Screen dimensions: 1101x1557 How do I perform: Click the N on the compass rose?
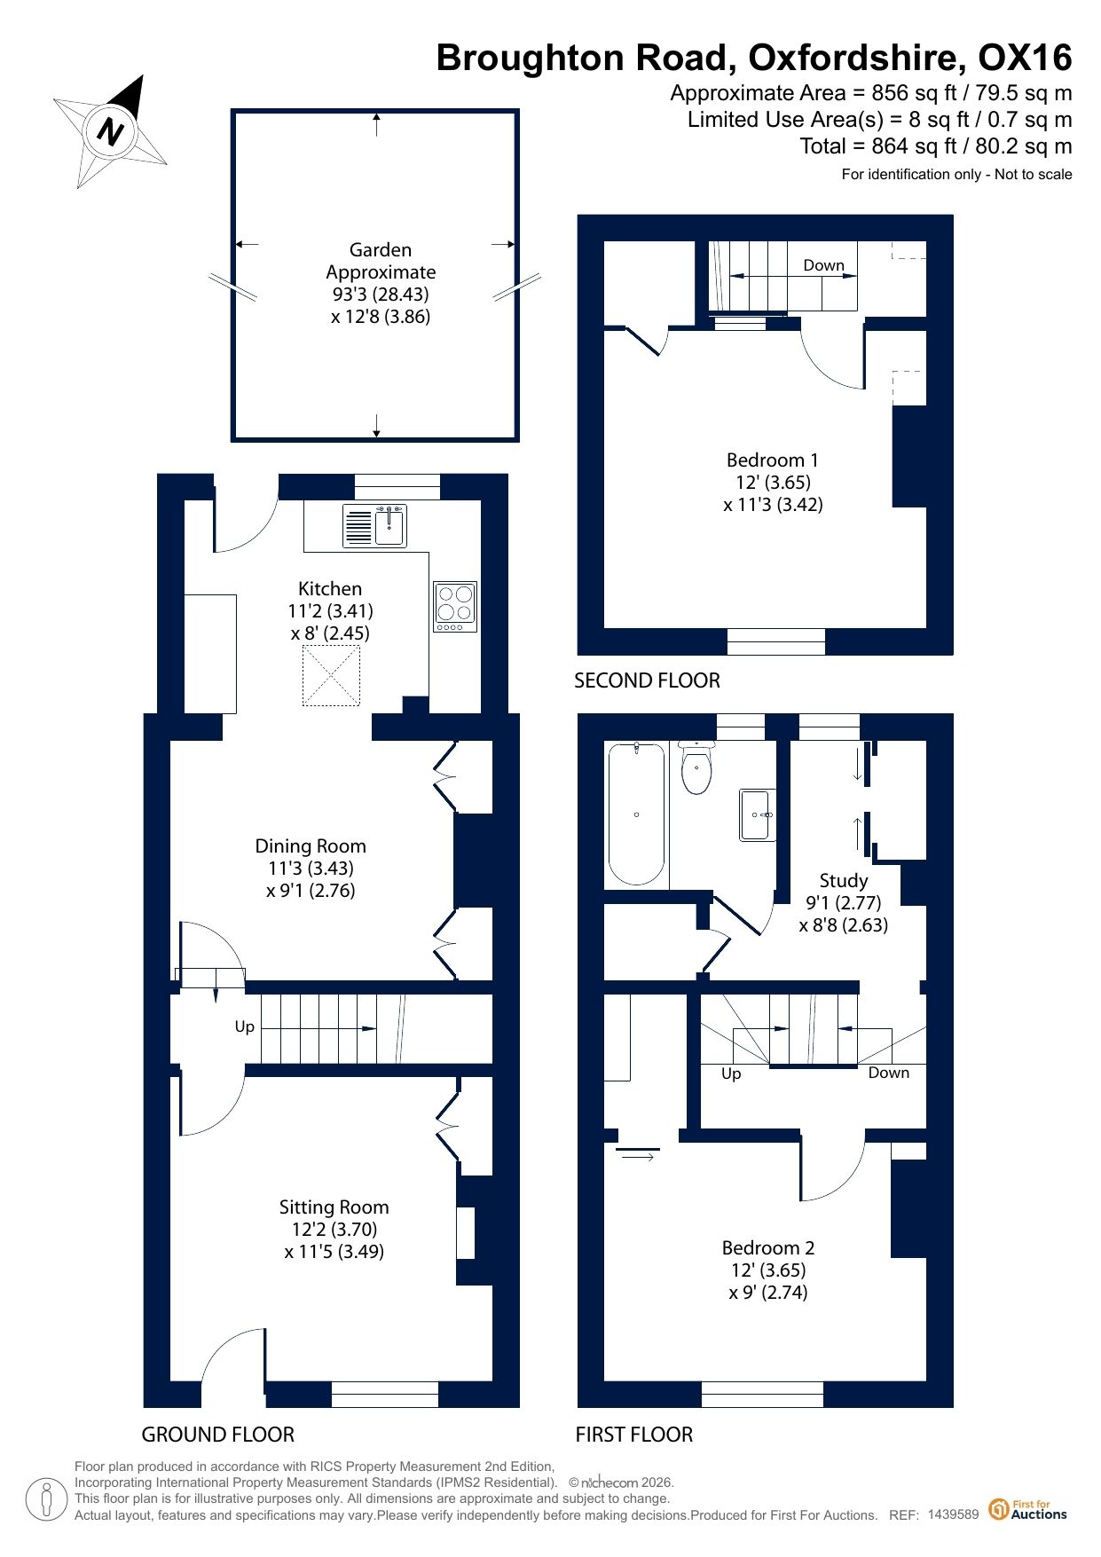[110, 131]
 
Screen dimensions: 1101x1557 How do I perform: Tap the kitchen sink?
[374, 525]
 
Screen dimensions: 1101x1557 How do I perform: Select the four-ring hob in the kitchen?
[455, 607]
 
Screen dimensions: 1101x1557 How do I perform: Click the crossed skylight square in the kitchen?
[331, 676]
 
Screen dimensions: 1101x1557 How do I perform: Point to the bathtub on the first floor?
[636, 814]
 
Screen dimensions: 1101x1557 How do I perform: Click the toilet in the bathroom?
[696, 767]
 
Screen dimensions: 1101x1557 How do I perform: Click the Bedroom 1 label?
[772, 460]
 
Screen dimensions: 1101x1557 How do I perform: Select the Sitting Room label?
[334, 1207]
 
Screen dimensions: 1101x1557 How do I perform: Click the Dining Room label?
[311, 845]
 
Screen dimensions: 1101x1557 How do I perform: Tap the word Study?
[843, 880]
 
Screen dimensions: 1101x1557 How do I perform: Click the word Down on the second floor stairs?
[823, 264]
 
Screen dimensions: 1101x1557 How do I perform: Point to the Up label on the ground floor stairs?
[245, 1026]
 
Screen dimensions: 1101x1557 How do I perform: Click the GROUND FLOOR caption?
[218, 1435]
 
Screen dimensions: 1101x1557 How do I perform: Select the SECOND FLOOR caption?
[647, 680]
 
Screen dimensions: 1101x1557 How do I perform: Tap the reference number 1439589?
[953, 1514]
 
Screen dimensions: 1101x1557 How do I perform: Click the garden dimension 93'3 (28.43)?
[381, 294]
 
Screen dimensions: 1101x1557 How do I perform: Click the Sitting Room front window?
[385, 1394]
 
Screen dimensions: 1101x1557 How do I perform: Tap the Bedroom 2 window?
[762, 1394]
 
